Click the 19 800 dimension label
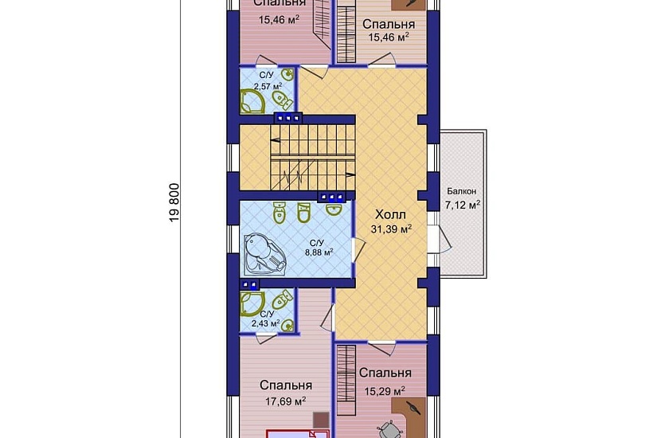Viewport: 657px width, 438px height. click(x=174, y=202)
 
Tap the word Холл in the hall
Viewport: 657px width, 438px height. click(x=390, y=215)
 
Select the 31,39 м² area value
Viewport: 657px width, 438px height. click(x=391, y=229)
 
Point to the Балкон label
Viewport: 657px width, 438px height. click(x=461, y=192)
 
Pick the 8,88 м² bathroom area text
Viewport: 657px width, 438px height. click(x=319, y=252)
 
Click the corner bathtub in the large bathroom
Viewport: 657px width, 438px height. click(x=264, y=254)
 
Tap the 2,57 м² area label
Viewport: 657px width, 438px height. click(x=268, y=87)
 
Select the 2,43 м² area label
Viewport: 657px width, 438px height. click(x=266, y=323)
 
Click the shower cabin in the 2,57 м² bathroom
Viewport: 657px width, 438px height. click(x=252, y=102)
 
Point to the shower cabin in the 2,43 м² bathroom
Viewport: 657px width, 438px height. click(x=252, y=303)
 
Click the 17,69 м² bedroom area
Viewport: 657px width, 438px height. click(x=285, y=401)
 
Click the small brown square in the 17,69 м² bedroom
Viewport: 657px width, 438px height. click(x=321, y=420)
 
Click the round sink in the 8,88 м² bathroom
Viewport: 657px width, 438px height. click(x=334, y=209)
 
